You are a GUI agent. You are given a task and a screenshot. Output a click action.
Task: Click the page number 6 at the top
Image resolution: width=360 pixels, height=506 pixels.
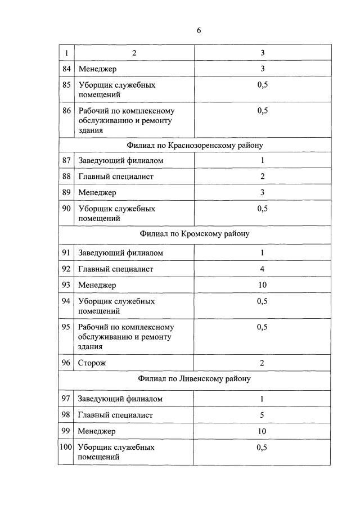pyautogui.click(x=199, y=30)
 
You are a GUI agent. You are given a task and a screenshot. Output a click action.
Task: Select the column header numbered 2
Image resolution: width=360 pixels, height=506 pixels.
pyautogui.click(x=134, y=53)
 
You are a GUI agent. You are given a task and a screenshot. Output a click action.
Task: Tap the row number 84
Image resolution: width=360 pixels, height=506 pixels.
pyautogui.click(x=66, y=69)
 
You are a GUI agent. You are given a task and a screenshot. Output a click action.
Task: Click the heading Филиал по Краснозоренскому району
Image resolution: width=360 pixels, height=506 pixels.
pyautogui.click(x=195, y=145)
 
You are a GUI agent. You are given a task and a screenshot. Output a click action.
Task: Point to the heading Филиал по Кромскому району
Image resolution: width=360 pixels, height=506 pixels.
pyautogui.click(x=195, y=233)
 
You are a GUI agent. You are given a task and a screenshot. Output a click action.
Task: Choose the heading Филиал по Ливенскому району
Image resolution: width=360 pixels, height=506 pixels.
pyautogui.click(x=195, y=378)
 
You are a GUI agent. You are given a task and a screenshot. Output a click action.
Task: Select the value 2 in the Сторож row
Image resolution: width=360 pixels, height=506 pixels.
pyautogui.click(x=262, y=363)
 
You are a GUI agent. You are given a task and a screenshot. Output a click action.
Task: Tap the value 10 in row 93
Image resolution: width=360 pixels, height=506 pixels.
pyautogui.click(x=262, y=285)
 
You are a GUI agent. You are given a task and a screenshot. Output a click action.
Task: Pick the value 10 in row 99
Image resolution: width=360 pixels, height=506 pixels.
pyautogui.click(x=262, y=431)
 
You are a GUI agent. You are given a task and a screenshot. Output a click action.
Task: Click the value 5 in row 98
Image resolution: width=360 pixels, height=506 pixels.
pyautogui.click(x=262, y=415)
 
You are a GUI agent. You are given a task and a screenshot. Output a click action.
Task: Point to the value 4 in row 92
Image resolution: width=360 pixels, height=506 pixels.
pyautogui.click(x=262, y=269)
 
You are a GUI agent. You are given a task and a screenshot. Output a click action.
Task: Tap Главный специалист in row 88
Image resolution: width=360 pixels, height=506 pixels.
pyautogui.click(x=116, y=177)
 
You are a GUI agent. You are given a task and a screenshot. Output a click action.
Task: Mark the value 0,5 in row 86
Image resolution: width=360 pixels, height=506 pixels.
pyautogui.click(x=262, y=111)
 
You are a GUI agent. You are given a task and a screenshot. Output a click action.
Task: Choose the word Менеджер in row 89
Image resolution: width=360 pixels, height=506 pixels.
pyautogui.click(x=97, y=193)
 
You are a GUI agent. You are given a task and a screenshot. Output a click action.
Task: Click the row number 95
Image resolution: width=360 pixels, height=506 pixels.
pyautogui.click(x=66, y=327)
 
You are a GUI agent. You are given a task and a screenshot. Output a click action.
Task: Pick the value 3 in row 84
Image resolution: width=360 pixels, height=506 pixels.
pyautogui.click(x=262, y=69)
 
